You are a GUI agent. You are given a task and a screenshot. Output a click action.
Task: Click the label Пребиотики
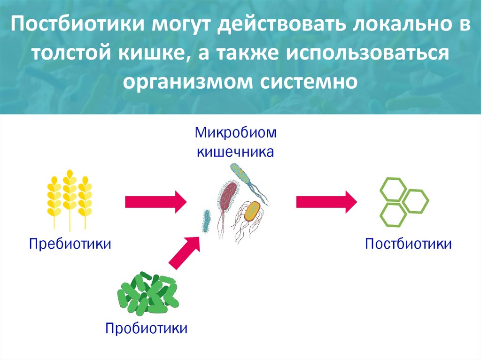pos(70,244)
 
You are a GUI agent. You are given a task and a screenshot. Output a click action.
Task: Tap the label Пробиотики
pos(147,327)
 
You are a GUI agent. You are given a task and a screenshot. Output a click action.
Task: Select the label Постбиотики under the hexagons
pos(408,244)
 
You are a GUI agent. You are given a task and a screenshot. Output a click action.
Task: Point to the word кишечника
pos(235,152)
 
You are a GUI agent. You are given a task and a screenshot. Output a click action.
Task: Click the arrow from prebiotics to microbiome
pos(155,202)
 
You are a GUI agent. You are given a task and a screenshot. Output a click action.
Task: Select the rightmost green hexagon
pos(416,200)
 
